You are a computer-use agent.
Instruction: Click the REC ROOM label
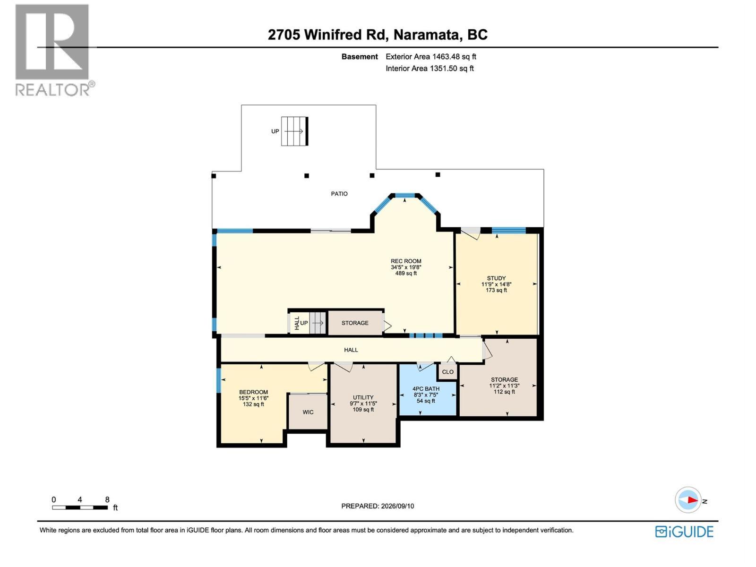(x=406, y=261)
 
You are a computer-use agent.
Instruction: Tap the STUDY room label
(x=496, y=278)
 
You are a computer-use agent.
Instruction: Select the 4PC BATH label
(x=426, y=389)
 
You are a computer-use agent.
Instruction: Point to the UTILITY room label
(x=363, y=397)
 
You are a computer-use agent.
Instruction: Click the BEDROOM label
(x=253, y=392)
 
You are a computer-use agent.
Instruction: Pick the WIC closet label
(x=308, y=412)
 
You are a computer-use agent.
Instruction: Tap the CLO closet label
(x=447, y=372)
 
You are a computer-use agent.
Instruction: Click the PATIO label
(x=339, y=194)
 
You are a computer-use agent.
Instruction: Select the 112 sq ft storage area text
(x=504, y=392)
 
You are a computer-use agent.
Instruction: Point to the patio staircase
(x=294, y=131)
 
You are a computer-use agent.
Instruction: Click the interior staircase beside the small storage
(x=317, y=323)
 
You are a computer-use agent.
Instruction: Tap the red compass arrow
(x=693, y=500)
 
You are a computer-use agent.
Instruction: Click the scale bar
(x=80, y=507)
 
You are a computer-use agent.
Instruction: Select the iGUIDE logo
(x=684, y=532)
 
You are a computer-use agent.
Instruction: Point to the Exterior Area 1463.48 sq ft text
(x=431, y=56)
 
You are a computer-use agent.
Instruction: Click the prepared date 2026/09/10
(x=397, y=506)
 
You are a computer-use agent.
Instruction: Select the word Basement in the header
(x=360, y=56)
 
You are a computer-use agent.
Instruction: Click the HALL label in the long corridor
(x=351, y=350)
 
